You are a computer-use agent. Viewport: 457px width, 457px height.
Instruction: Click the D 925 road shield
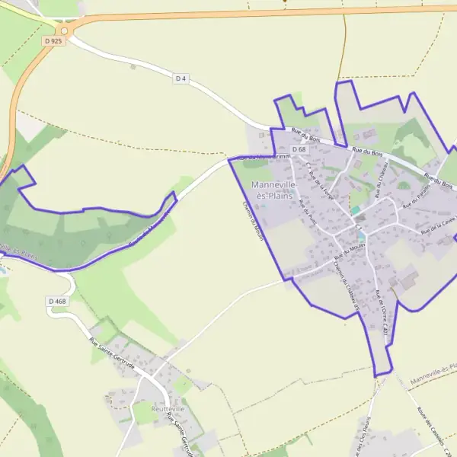tap(53, 41)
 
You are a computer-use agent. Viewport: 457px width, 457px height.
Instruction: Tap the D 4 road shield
tap(181, 78)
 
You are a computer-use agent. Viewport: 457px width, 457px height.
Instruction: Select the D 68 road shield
tap(299, 149)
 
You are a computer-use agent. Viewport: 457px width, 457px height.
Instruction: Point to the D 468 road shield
tap(57, 302)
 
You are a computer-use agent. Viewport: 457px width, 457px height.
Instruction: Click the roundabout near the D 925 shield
tap(64, 30)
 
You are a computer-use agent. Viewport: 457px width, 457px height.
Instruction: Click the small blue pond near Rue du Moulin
tap(360, 237)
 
